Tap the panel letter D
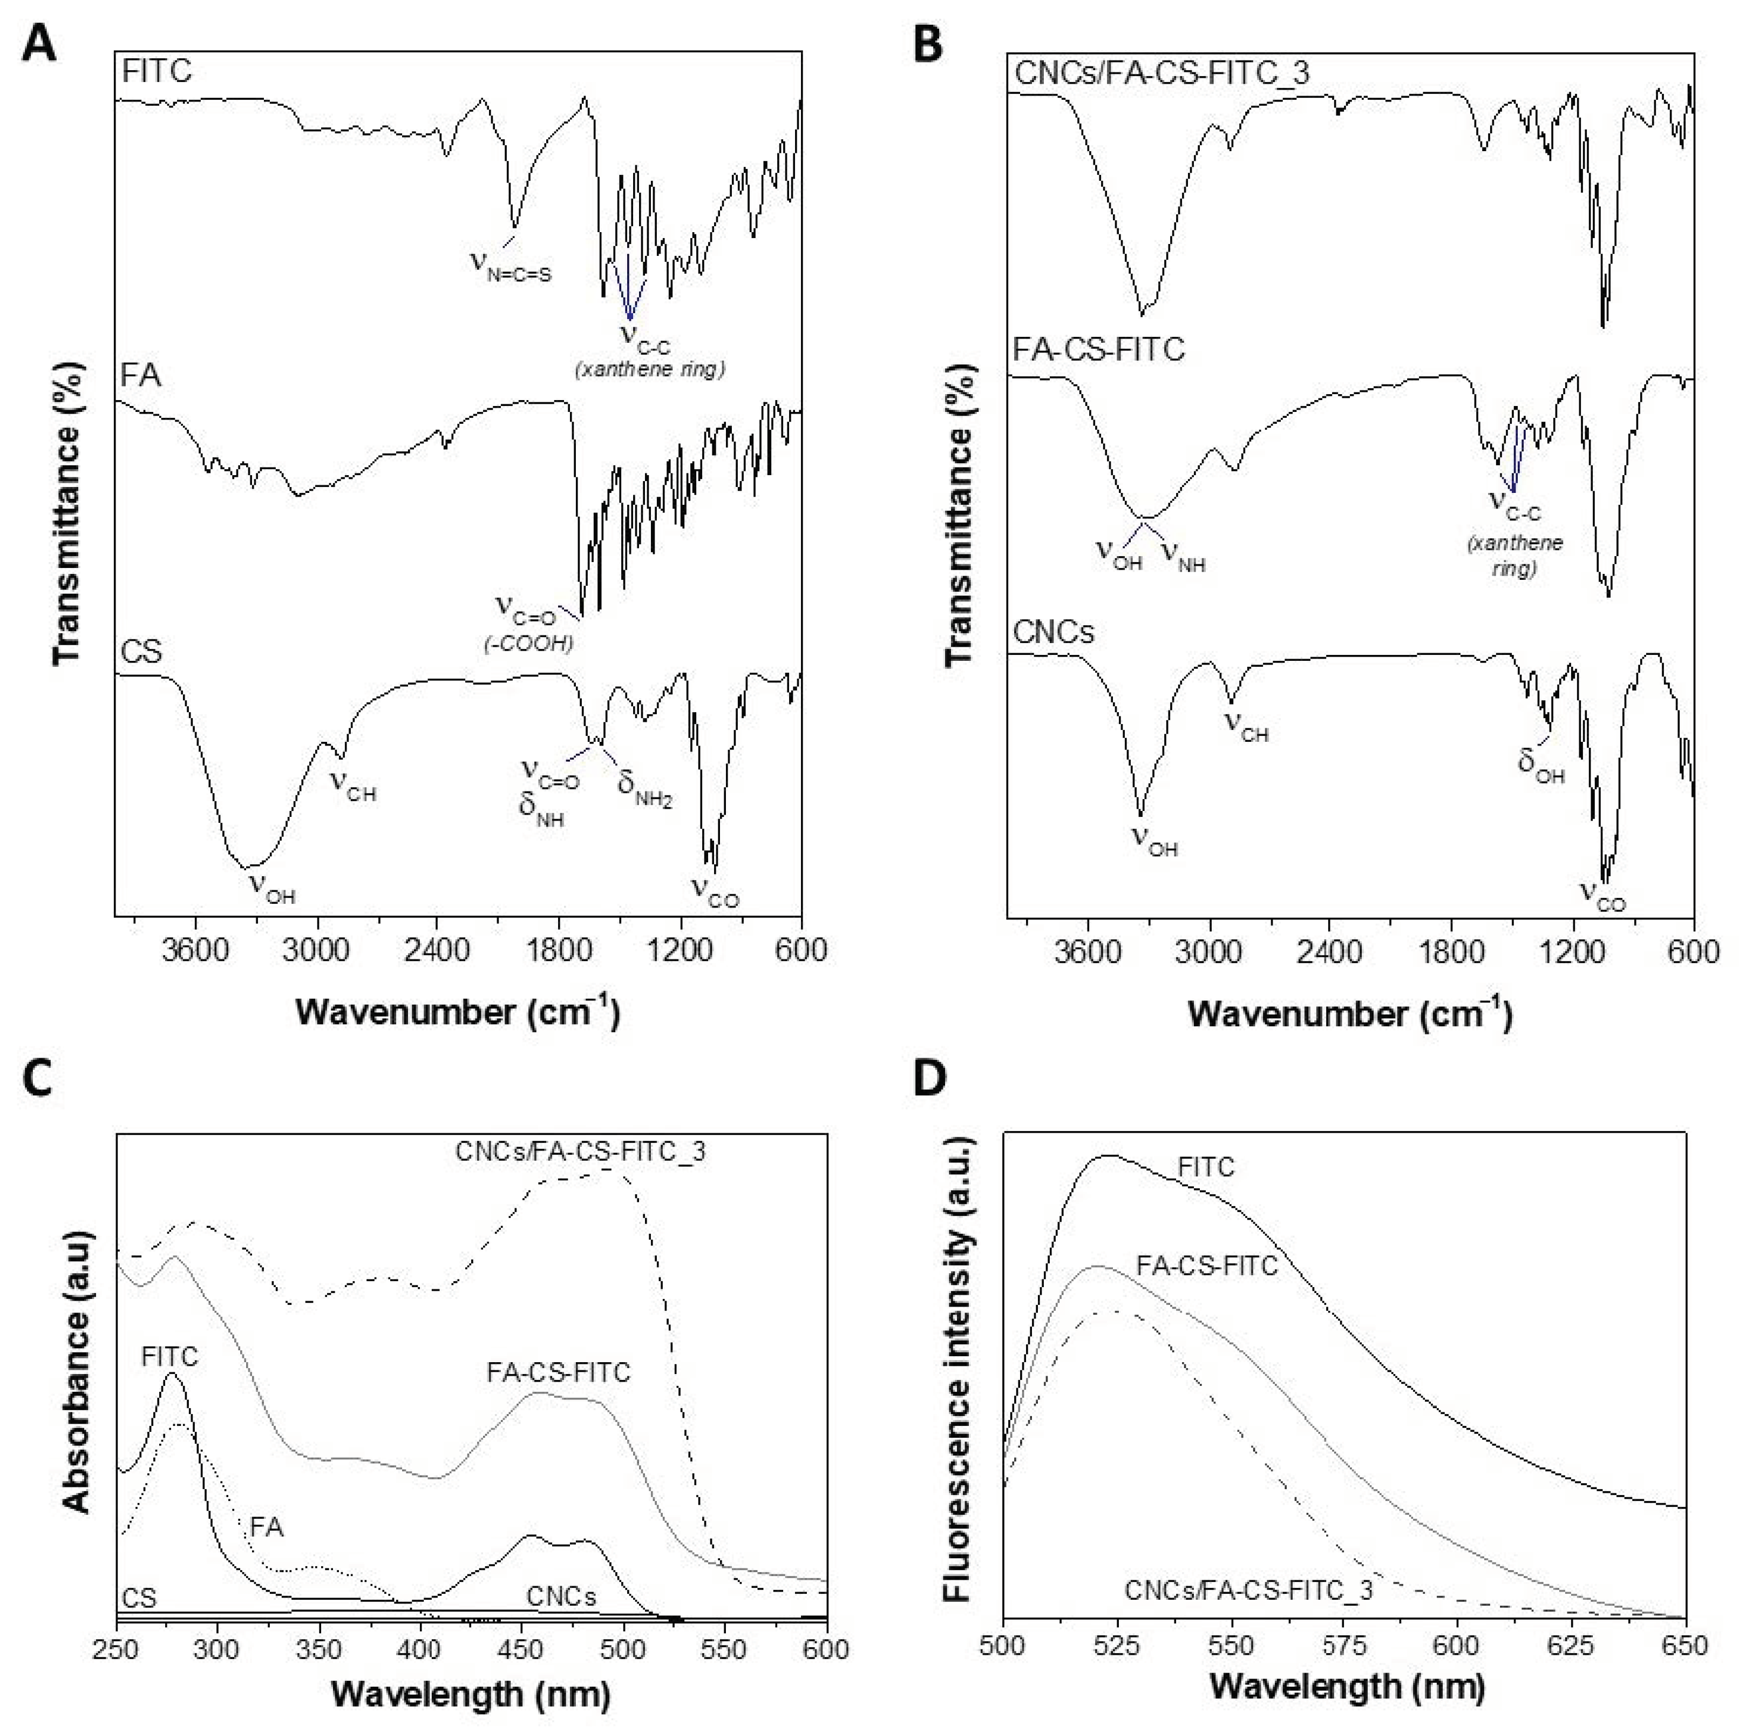[x=930, y=1079]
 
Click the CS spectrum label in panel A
[x=141, y=651]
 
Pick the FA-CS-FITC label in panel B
[x=1098, y=349]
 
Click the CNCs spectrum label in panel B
[x=1053, y=633]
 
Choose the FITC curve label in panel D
[x=1206, y=1168]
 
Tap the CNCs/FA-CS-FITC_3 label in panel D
[x=1248, y=1591]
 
